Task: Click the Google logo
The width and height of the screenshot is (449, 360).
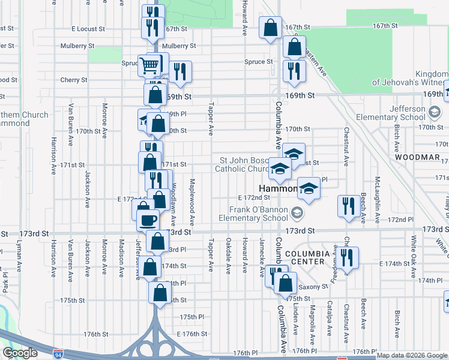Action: coord(20,353)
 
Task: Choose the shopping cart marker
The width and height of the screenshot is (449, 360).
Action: coord(149,64)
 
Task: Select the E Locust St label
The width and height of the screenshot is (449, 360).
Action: coord(88,28)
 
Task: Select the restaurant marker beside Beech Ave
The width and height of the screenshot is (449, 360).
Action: coord(348,206)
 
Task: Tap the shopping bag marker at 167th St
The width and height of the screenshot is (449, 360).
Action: coord(270,27)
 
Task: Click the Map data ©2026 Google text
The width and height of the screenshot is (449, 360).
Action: coord(412,355)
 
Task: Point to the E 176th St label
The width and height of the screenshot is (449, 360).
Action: coord(191,334)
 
